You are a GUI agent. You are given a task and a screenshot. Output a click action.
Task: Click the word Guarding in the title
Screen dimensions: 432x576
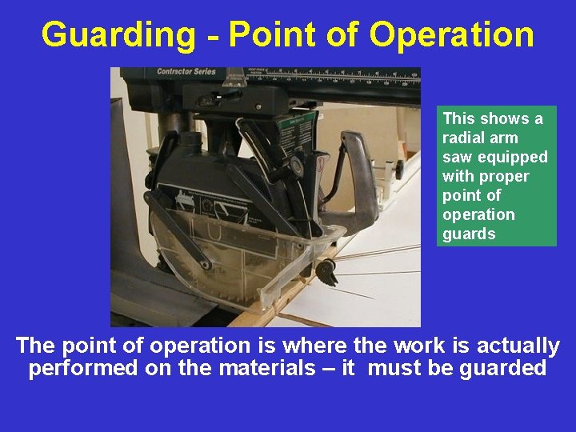tap(118, 35)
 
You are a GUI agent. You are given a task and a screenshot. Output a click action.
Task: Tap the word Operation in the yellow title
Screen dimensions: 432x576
tap(452, 35)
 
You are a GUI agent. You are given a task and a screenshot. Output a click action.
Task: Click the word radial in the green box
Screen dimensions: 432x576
tap(462, 138)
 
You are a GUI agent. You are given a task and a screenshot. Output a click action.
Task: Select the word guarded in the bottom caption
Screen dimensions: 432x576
tap(502, 369)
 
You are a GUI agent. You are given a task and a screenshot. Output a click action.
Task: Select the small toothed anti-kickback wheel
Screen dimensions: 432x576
tap(326, 272)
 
